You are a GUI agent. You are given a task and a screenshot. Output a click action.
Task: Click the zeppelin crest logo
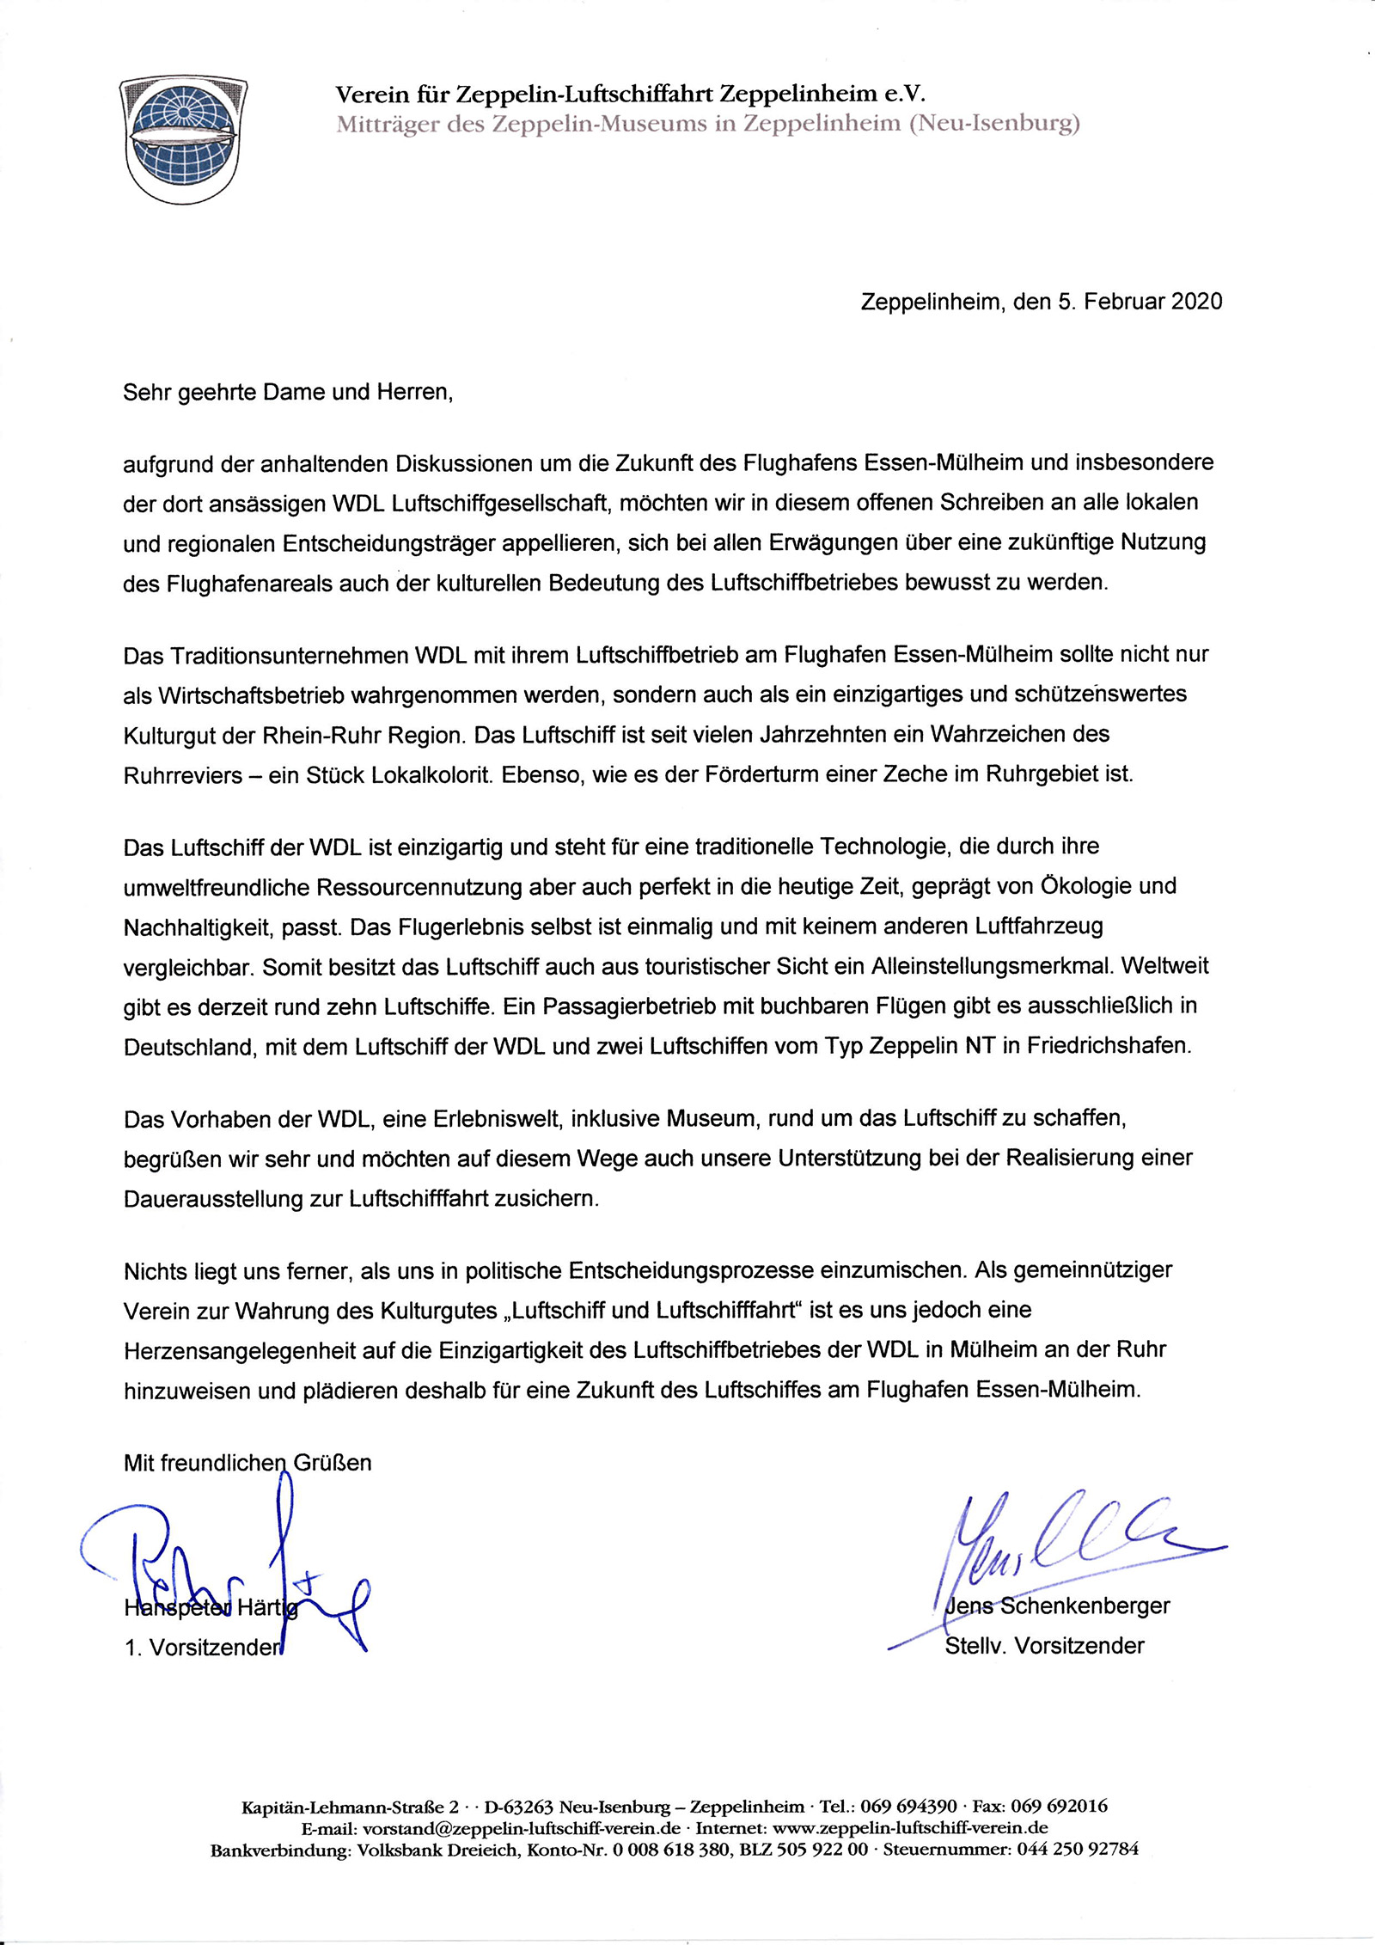point(183,139)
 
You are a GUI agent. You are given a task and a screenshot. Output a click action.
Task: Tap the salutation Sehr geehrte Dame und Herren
point(287,393)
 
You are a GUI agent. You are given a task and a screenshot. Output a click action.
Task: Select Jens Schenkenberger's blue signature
point(1074,1547)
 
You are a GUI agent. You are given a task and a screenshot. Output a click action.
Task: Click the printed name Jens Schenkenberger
point(1058,1606)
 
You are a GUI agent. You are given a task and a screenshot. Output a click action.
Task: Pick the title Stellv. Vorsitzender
point(1044,1646)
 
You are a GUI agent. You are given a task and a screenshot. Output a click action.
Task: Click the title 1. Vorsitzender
point(203,1648)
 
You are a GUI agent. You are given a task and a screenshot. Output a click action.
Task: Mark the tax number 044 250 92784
point(1078,1850)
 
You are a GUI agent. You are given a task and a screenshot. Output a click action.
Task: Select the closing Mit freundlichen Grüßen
point(247,1463)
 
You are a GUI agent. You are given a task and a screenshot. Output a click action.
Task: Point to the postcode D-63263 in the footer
point(517,1807)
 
